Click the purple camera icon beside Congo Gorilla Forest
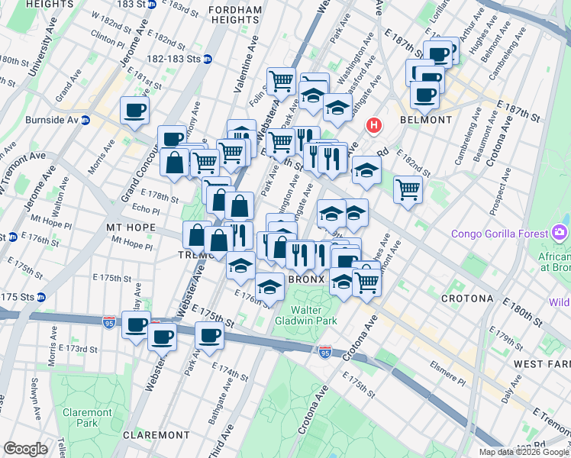(560, 231)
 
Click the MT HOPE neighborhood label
(131, 227)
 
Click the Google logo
(25, 449)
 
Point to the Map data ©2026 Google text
(524, 452)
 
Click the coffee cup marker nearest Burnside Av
(134, 111)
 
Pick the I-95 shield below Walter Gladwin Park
(326, 351)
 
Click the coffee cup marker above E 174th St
(208, 335)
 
